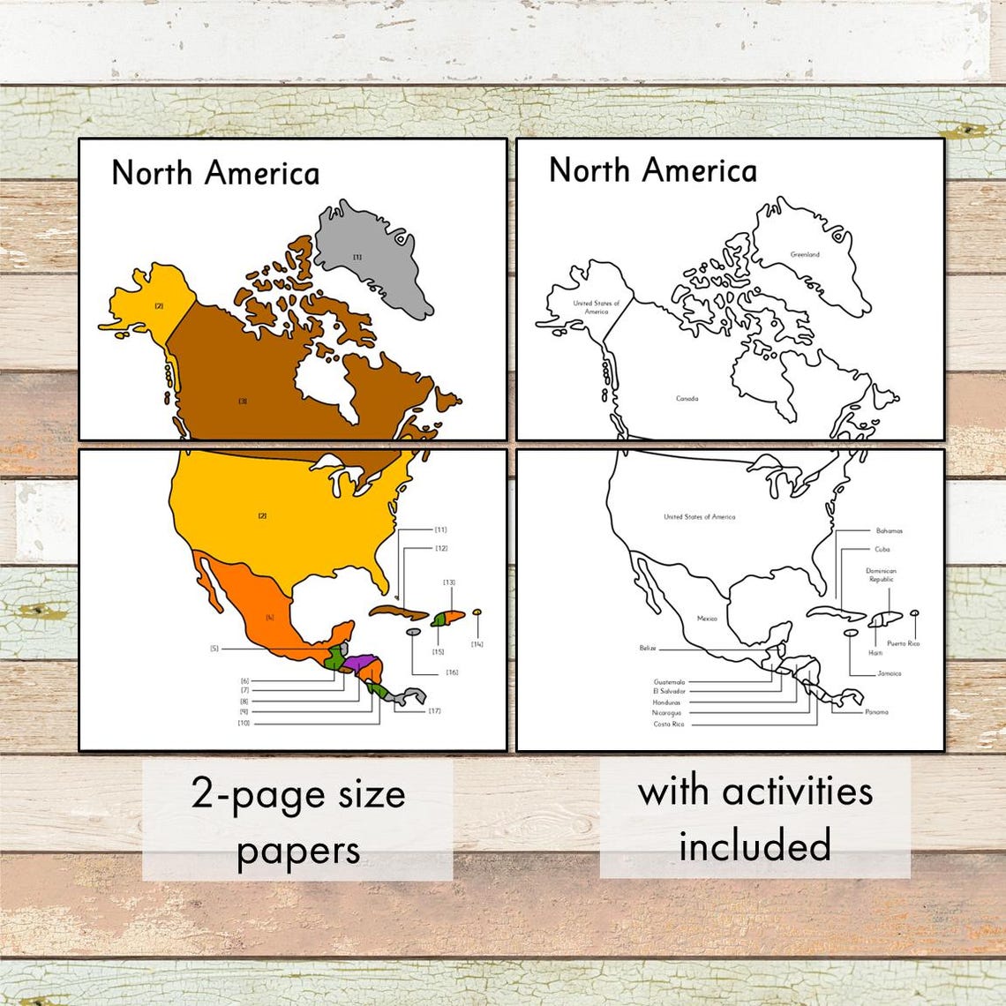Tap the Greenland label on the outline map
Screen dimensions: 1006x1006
coord(805,254)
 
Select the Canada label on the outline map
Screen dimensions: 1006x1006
coord(687,399)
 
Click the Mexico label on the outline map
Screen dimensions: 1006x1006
coord(707,619)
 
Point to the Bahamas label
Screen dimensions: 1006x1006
coord(890,531)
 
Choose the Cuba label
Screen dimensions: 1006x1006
coord(882,549)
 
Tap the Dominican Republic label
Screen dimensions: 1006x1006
coord(881,575)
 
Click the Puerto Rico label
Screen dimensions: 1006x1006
coord(903,643)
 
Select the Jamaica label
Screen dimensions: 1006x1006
coord(889,673)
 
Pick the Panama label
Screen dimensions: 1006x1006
coord(876,711)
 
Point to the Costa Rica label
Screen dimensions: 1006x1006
coord(668,724)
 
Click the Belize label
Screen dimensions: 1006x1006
coord(648,648)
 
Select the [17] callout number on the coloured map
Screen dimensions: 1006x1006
coord(434,710)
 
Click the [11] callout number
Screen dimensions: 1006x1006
coord(440,529)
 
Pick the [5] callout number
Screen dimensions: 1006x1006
coord(214,649)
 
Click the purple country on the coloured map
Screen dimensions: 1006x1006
coord(361,661)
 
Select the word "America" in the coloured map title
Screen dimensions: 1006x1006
coord(267,173)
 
